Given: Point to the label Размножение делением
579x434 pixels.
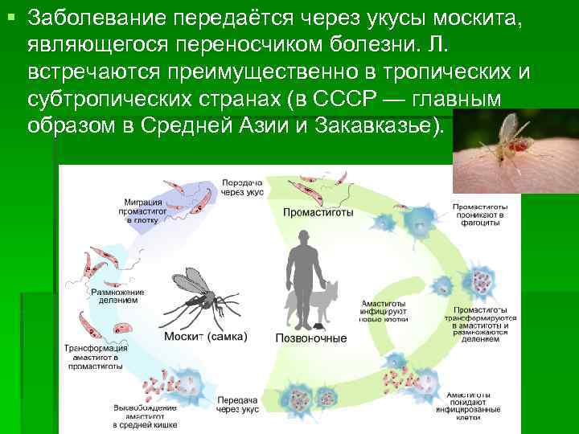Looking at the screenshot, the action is click(x=113, y=295).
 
